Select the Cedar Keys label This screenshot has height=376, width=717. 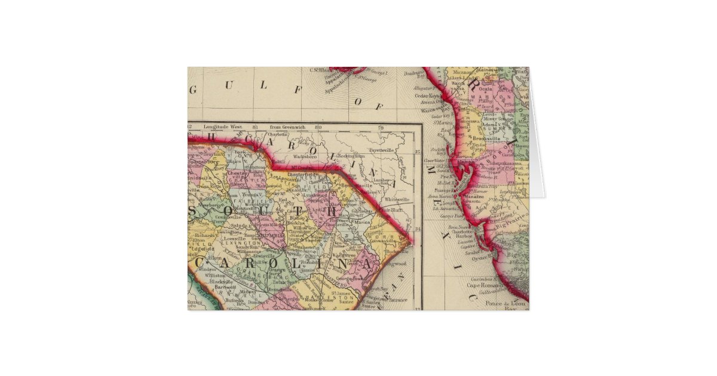tap(427, 95)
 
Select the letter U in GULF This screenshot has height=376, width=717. tap(228, 87)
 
